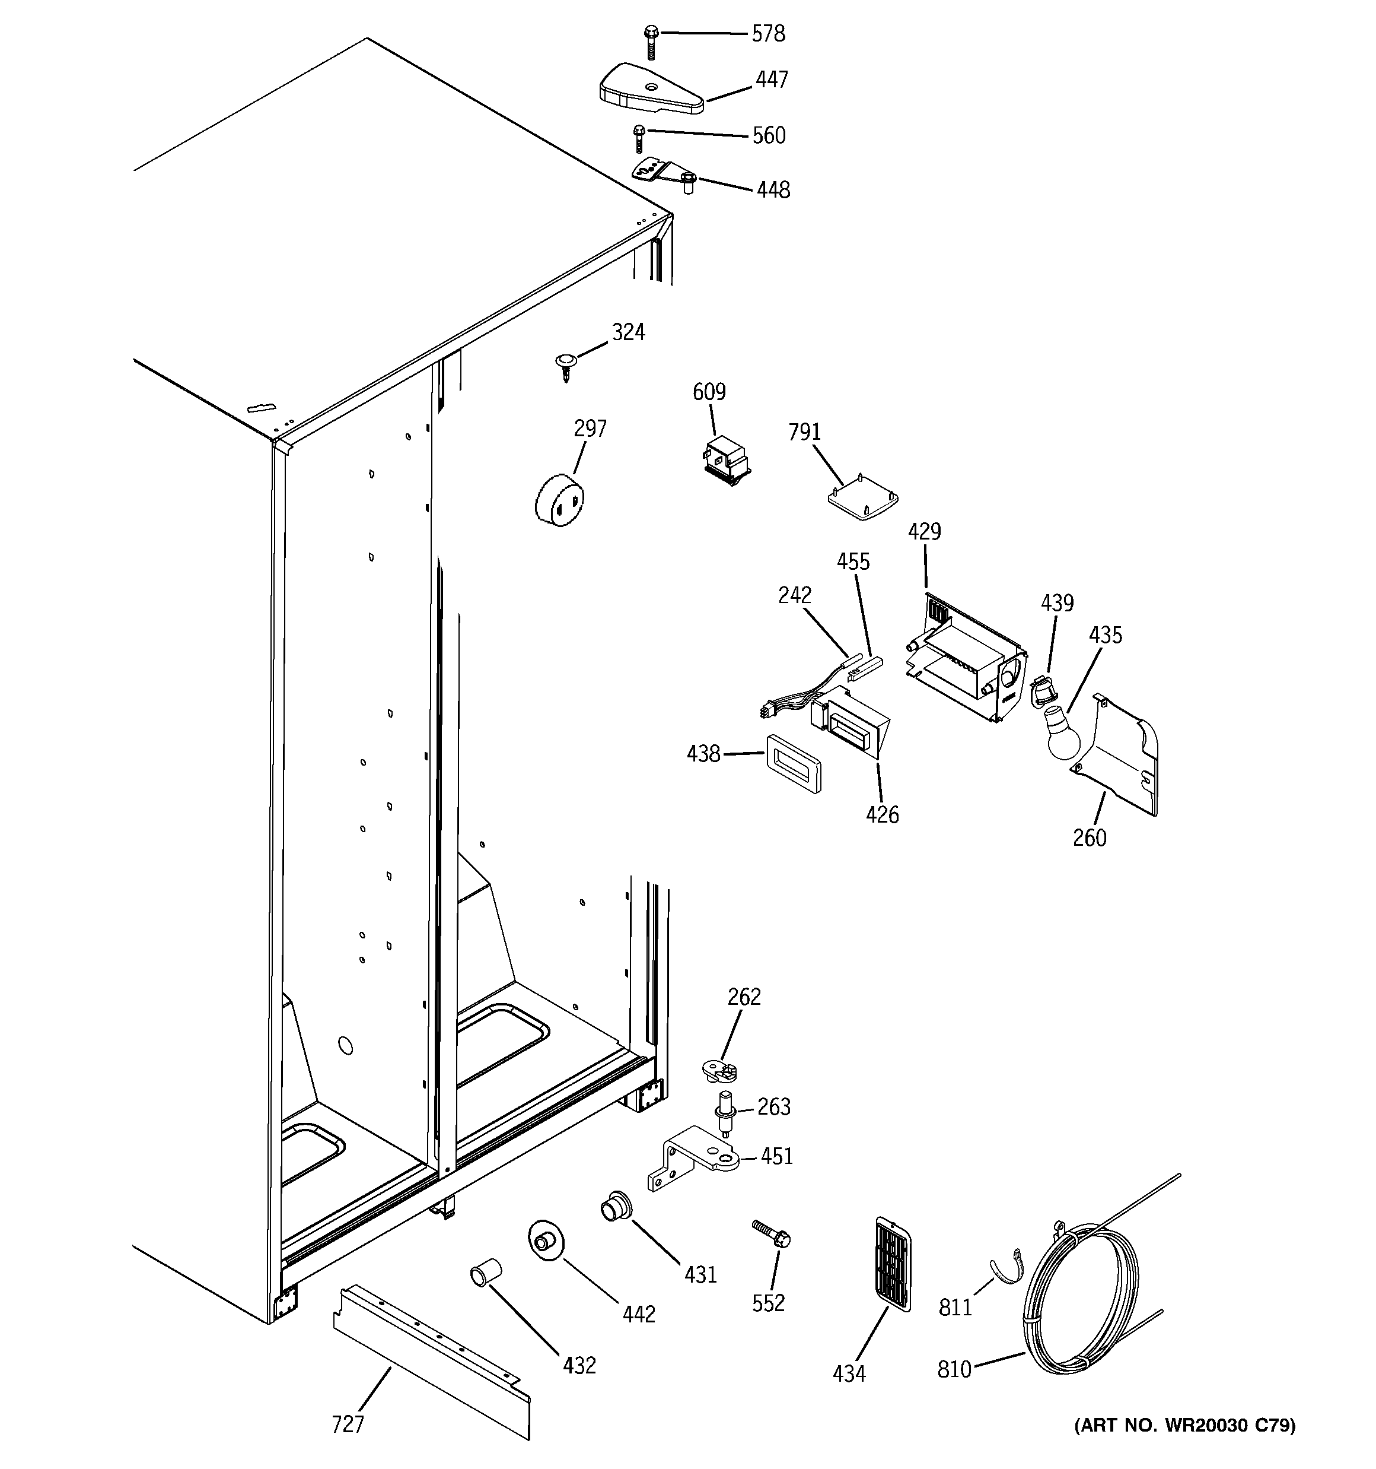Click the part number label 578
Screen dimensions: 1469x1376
point(768,34)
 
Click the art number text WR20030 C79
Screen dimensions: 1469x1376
point(1184,1426)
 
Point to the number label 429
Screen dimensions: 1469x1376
point(924,531)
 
